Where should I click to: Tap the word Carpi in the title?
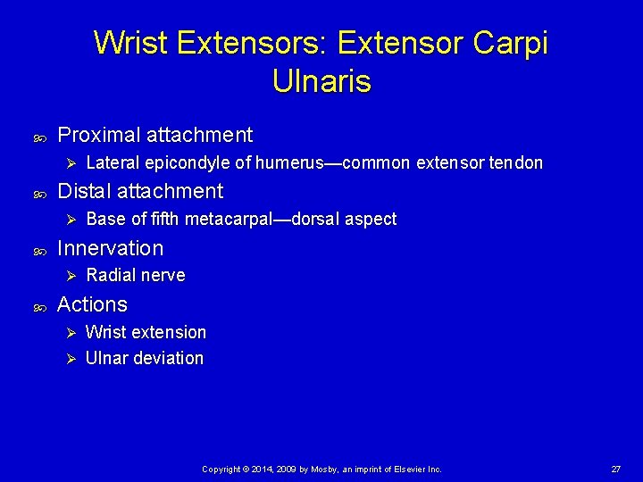pyautogui.click(x=511, y=42)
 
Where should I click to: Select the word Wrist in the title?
pyautogui.click(x=129, y=42)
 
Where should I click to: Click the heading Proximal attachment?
pyautogui.click(x=154, y=135)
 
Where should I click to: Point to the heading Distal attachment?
pyautogui.click(x=140, y=191)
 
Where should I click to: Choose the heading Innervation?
pyautogui.click(x=110, y=247)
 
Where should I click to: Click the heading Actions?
pyautogui.click(x=92, y=304)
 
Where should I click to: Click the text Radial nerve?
pyautogui.click(x=136, y=276)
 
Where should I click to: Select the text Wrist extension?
pyautogui.click(x=146, y=333)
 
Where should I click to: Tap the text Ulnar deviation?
pyautogui.click(x=145, y=359)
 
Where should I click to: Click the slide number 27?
pyautogui.click(x=615, y=469)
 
